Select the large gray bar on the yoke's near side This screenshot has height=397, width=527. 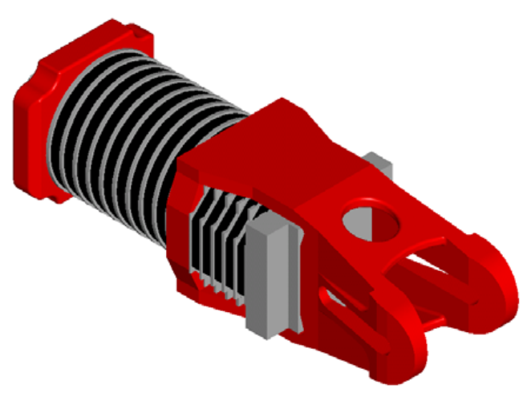(269, 277)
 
